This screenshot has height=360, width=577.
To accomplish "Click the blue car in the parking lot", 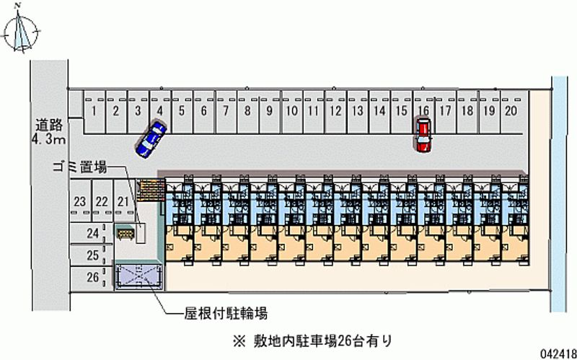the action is [151, 137].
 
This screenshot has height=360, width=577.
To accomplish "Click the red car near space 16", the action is [423, 135].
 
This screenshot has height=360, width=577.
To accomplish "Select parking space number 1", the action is [94, 111].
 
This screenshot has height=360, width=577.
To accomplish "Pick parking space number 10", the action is [291, 111].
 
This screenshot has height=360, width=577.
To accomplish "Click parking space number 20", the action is [511, 111].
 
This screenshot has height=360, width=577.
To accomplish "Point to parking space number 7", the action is [226, 111].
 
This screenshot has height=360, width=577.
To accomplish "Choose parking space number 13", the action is [356, 111].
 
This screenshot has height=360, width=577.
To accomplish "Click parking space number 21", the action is [123, 202].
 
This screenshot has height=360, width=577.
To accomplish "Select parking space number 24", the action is [92, 233].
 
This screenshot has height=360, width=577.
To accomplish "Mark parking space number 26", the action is [92, 277].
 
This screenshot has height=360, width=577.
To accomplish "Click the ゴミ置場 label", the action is [79, 168].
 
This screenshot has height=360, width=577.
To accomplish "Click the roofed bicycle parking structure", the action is [138, 276].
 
